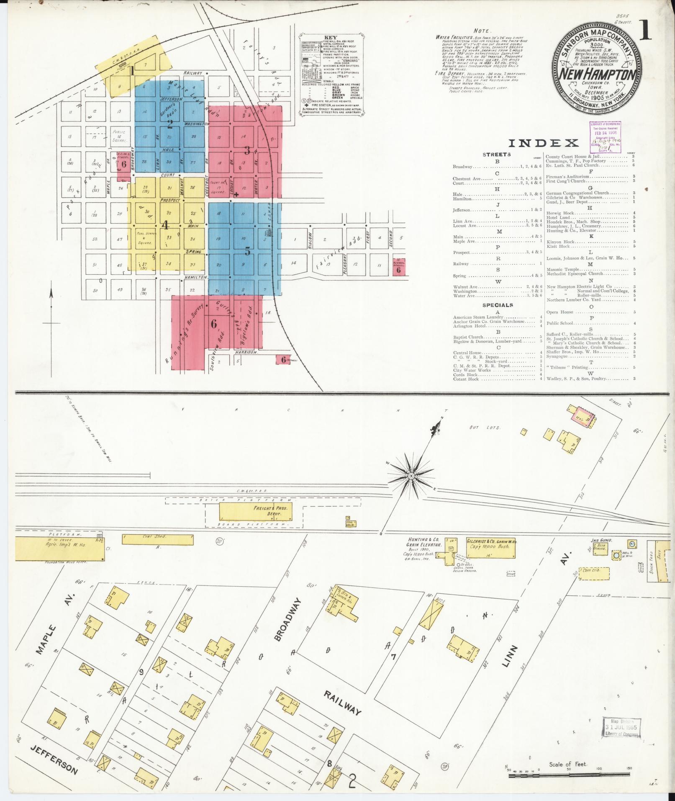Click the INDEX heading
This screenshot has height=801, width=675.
(544, 143)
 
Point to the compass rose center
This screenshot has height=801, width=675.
(411, 476)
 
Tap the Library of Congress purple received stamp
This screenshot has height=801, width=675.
(606, 137)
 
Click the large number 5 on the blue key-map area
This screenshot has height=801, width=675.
(248, 251)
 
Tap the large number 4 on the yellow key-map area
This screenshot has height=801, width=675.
(165, 225)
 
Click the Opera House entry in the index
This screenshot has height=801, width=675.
(560, 312)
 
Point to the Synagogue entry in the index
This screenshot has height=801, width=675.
(557, 356)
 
